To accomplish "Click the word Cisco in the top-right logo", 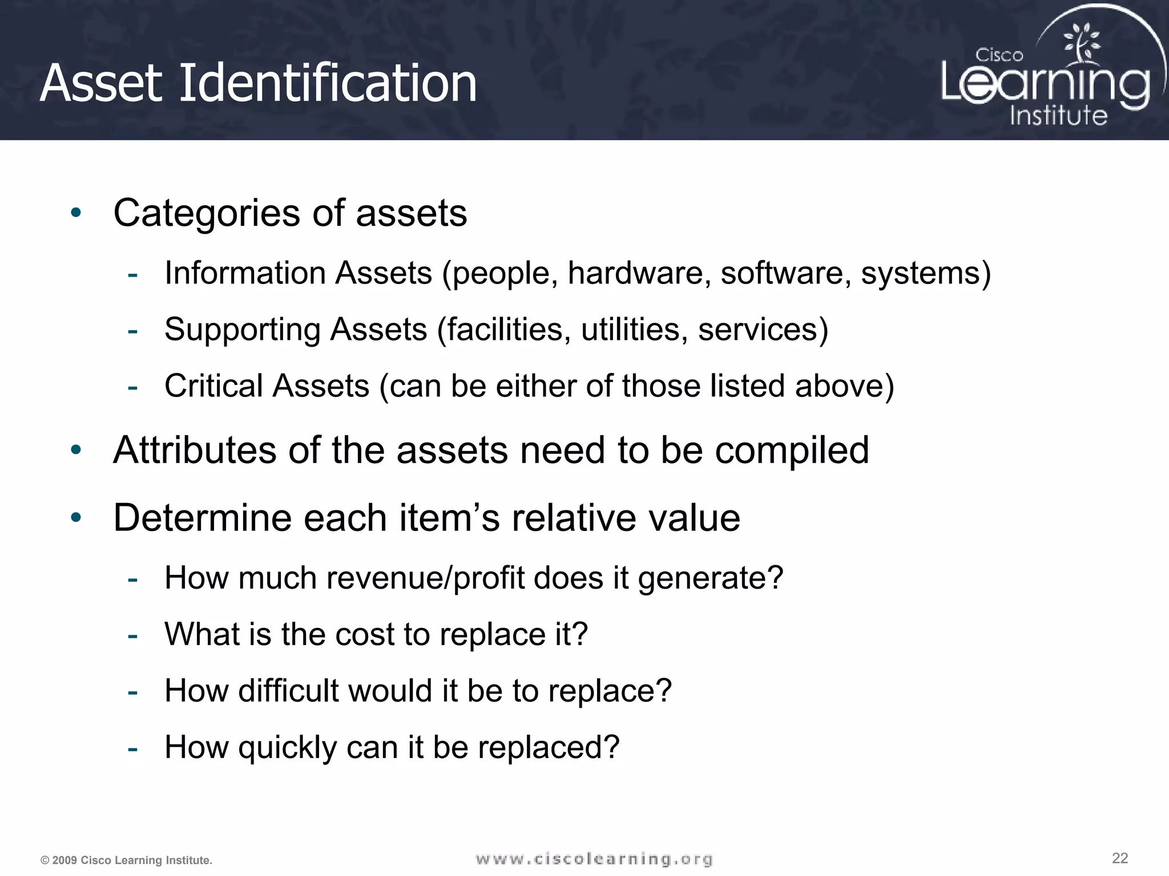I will pos(999,55).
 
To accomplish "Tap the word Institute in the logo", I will pos(1058,116).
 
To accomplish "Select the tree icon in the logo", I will pos(1081,43).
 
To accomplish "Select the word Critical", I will pos(209,386).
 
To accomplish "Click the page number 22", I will pos(1120,858).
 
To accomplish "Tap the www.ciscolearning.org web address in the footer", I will pos(594,859).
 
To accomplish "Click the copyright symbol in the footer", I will pos(45,861).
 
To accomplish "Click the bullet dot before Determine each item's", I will pos(76,518).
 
